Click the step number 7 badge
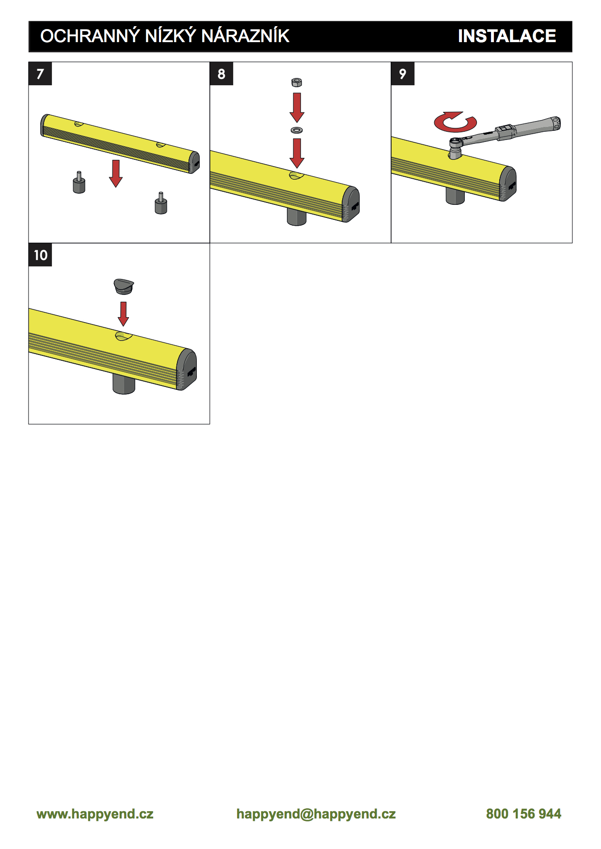click(40, 74)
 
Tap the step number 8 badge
click(221, 74)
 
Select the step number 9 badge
click(403, 74)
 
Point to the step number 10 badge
click(40, 255)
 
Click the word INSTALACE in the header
click(506, 36)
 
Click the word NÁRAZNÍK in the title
click(245, 36)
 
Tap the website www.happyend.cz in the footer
click(95, 814)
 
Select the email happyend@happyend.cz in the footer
click(316, 814)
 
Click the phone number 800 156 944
click(523, 814)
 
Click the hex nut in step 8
click(297, 82)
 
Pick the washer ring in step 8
click(297, 130)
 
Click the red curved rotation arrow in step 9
click(455, 123)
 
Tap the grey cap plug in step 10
click(124, 286)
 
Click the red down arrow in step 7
click(116, 173)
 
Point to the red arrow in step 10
click(124, 314)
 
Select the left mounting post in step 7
click(79, 183)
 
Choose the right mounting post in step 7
click(161, 203)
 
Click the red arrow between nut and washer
click(297, 108)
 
